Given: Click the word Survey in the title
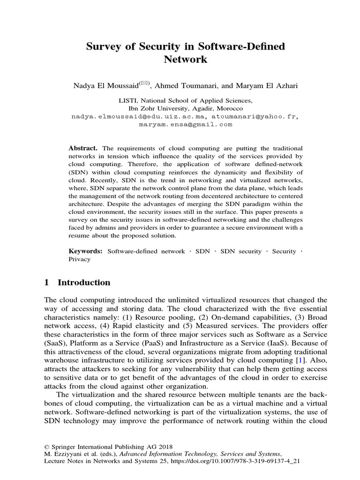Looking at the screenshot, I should (101, 47).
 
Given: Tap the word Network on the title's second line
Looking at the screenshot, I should (185, 60).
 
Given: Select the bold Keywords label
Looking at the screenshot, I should (86, 251).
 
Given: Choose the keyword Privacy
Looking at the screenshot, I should (79, 259).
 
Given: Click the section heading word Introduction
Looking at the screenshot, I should (84, 283).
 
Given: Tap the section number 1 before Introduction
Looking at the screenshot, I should (46, 283).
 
